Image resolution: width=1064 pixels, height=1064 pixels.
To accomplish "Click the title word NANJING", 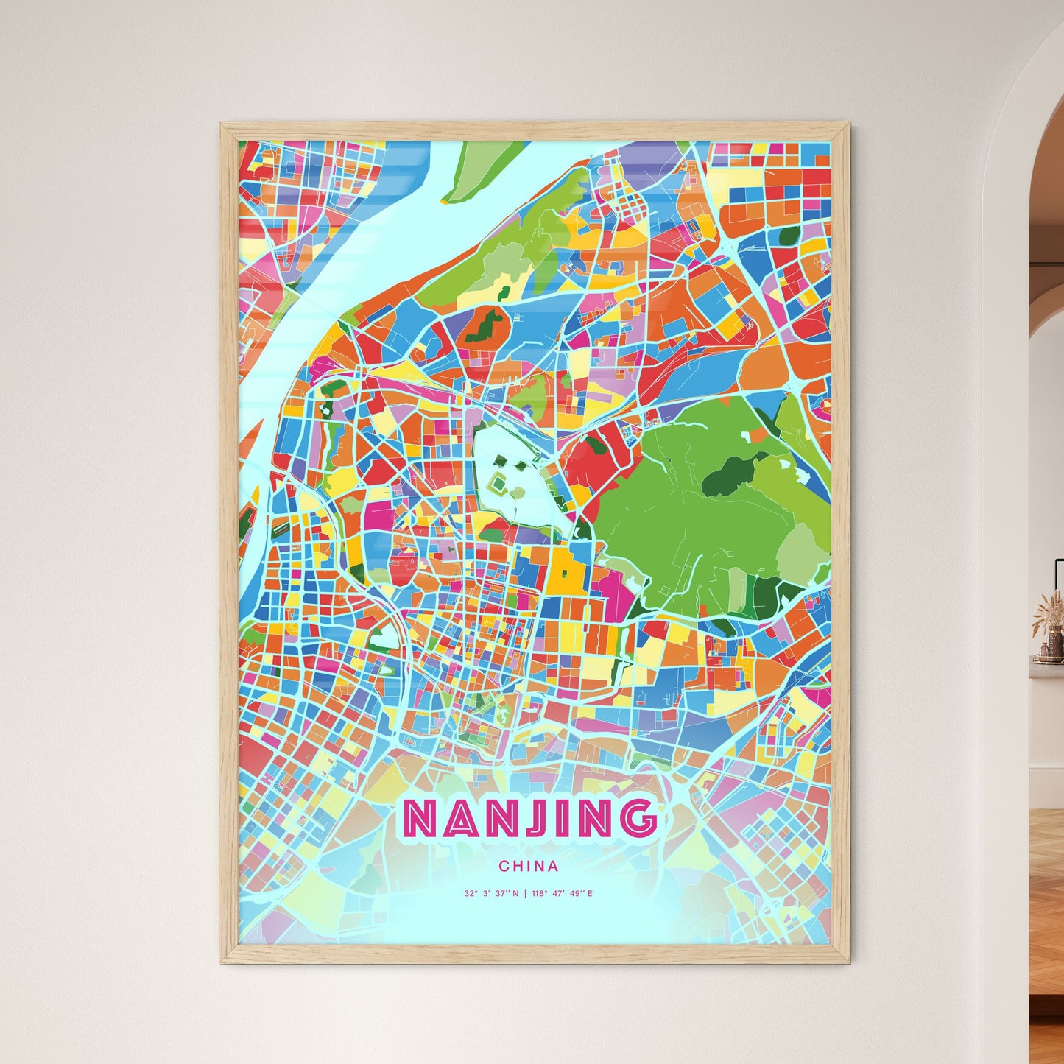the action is click(529, 818).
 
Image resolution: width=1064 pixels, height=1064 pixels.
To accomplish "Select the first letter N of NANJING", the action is click(420, 818).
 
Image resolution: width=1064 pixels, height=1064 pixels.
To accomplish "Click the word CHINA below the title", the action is click(528, 867).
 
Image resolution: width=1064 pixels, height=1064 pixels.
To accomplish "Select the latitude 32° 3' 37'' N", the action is click(491, 894).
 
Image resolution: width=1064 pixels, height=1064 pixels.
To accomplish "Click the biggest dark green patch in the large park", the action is click(729, 475).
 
